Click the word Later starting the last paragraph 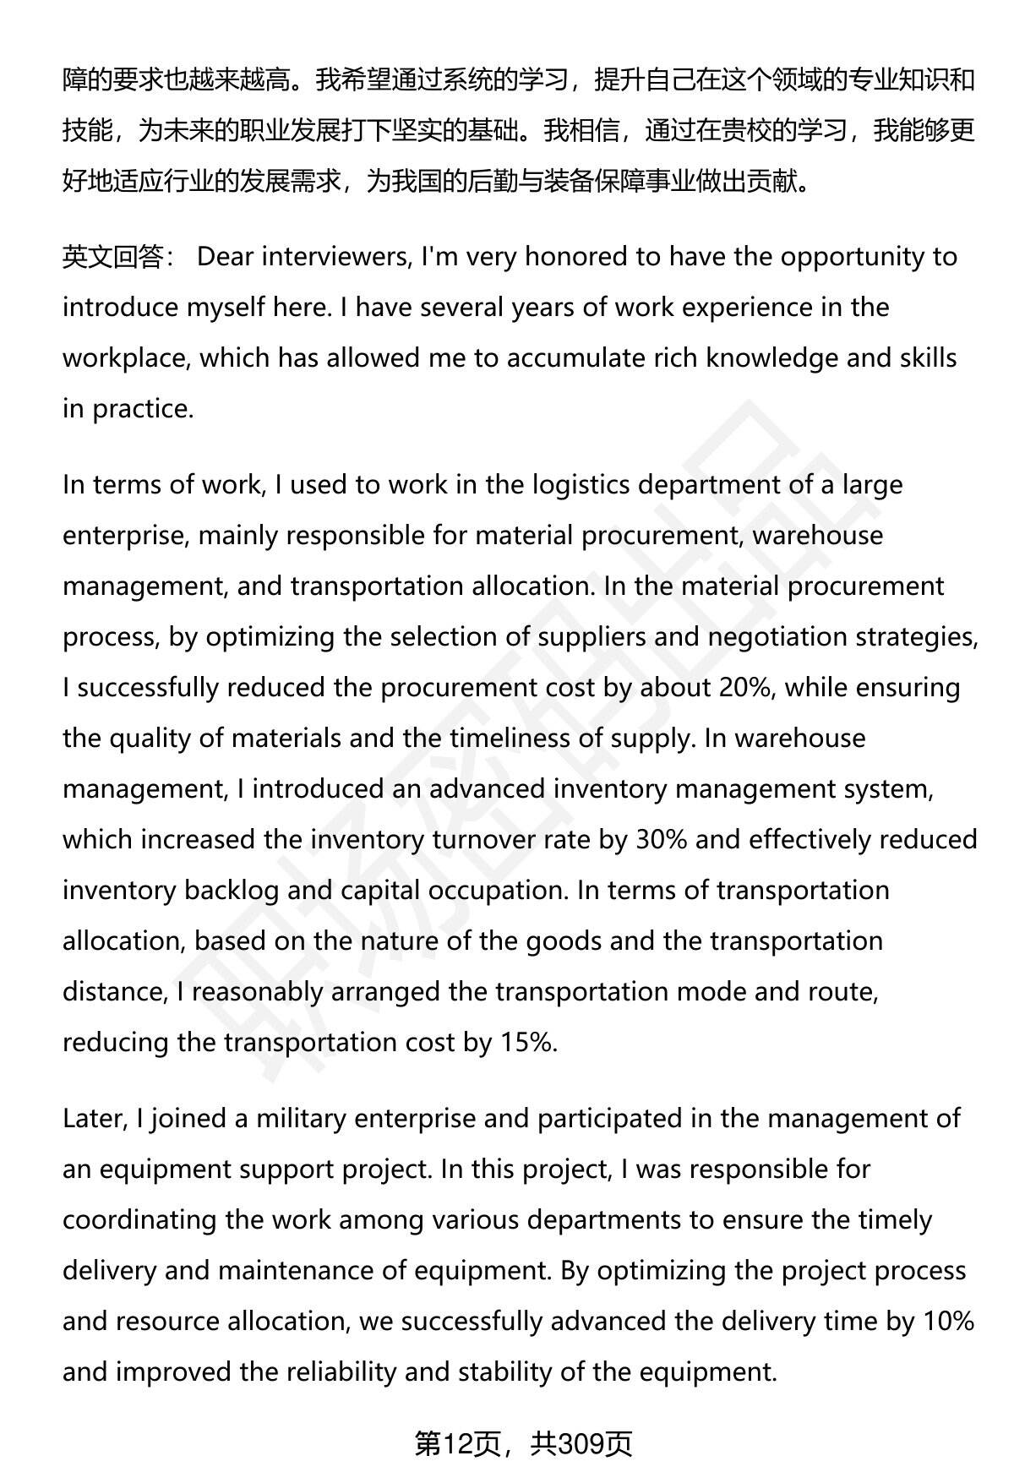(x=93, y=1119)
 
